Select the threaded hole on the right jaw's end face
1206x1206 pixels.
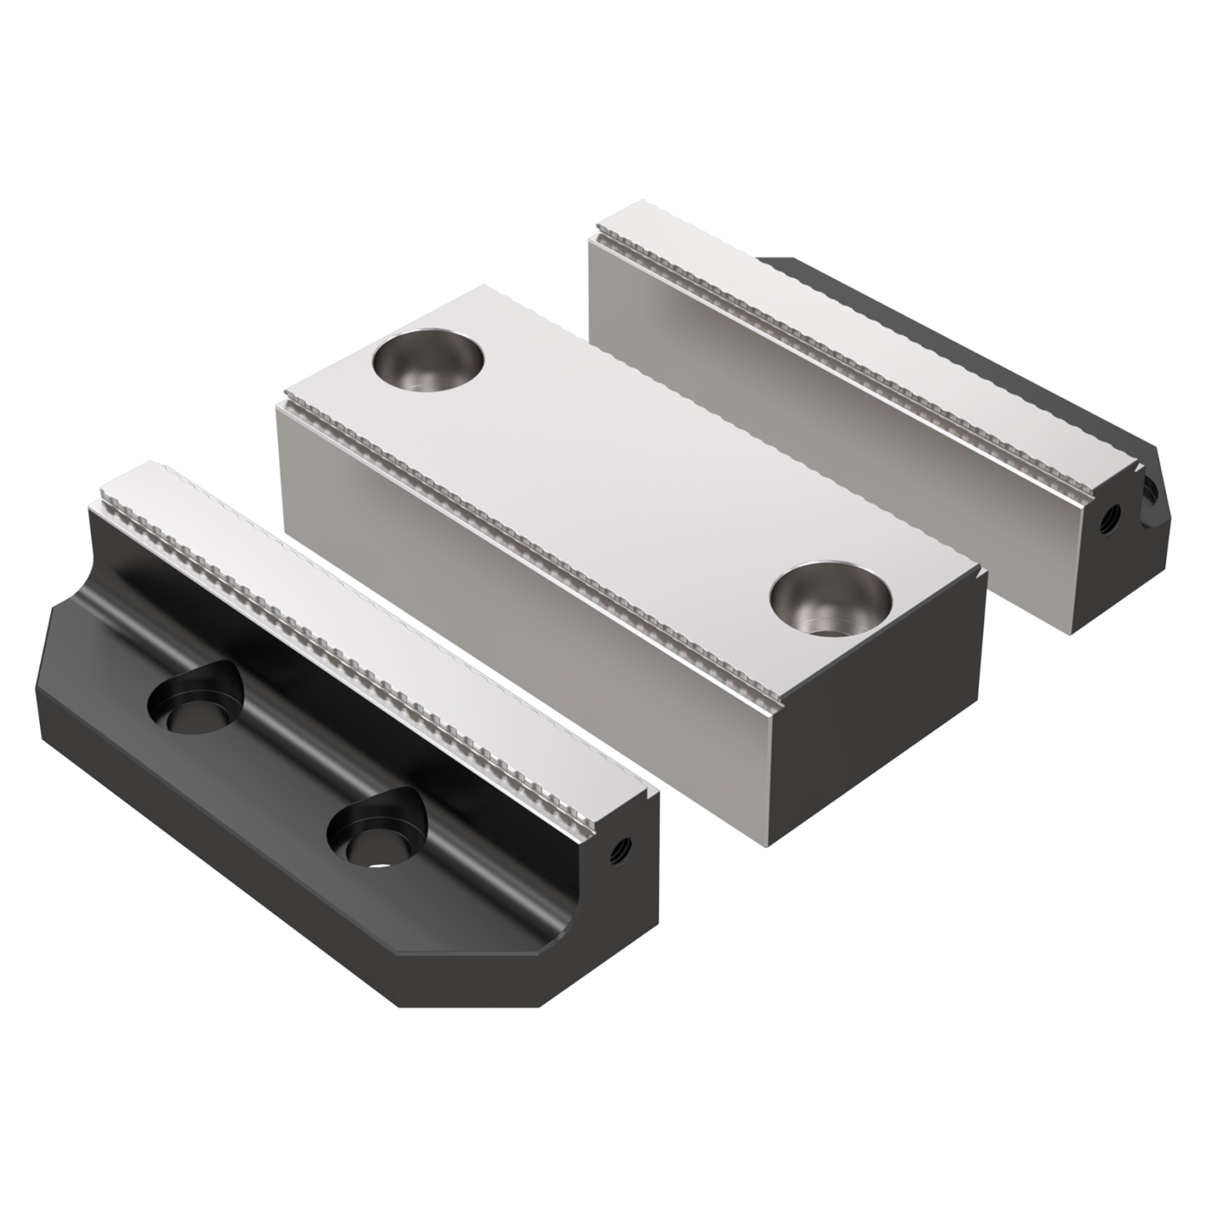[1113, 517]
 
